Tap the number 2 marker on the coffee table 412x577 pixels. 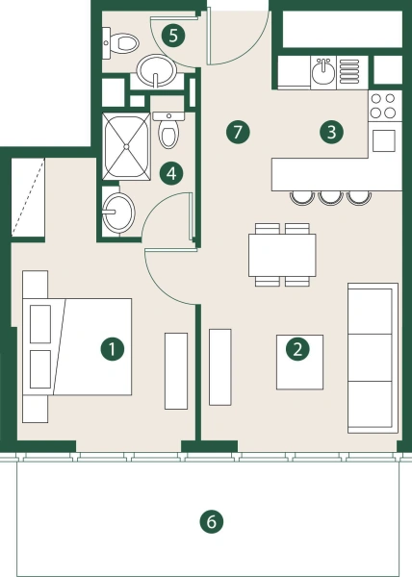coord(298,349)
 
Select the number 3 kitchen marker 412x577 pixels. coord(331,132)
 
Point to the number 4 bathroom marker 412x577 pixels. coord(172,173)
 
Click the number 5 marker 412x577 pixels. coord(173,37)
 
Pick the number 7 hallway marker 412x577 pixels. coord(239,132)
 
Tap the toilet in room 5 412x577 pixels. coord(122,40)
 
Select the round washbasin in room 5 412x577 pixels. coord(156,69)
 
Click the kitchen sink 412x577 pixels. coord(322,71)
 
